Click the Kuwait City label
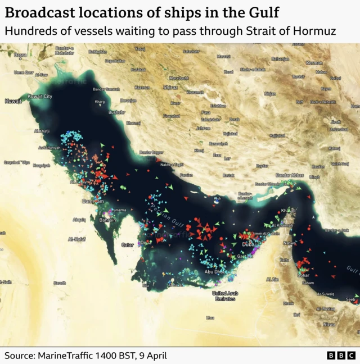pos(40,97)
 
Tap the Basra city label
pos(20,55)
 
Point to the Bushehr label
pos(117,112)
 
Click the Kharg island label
pos(100,102)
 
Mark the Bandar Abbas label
pos(290,175)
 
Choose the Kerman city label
pos(314,63)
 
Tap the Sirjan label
pos(270,93)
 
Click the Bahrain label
pos(107,220)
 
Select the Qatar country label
pos(128,245)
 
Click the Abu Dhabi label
pos(215,272)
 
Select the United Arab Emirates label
pos(224,296)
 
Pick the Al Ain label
pos(272,279)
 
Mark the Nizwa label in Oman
pos(329,324)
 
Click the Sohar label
pos(304,276)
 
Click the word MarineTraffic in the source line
pos(62,356)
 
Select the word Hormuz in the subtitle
pos(316,31)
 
